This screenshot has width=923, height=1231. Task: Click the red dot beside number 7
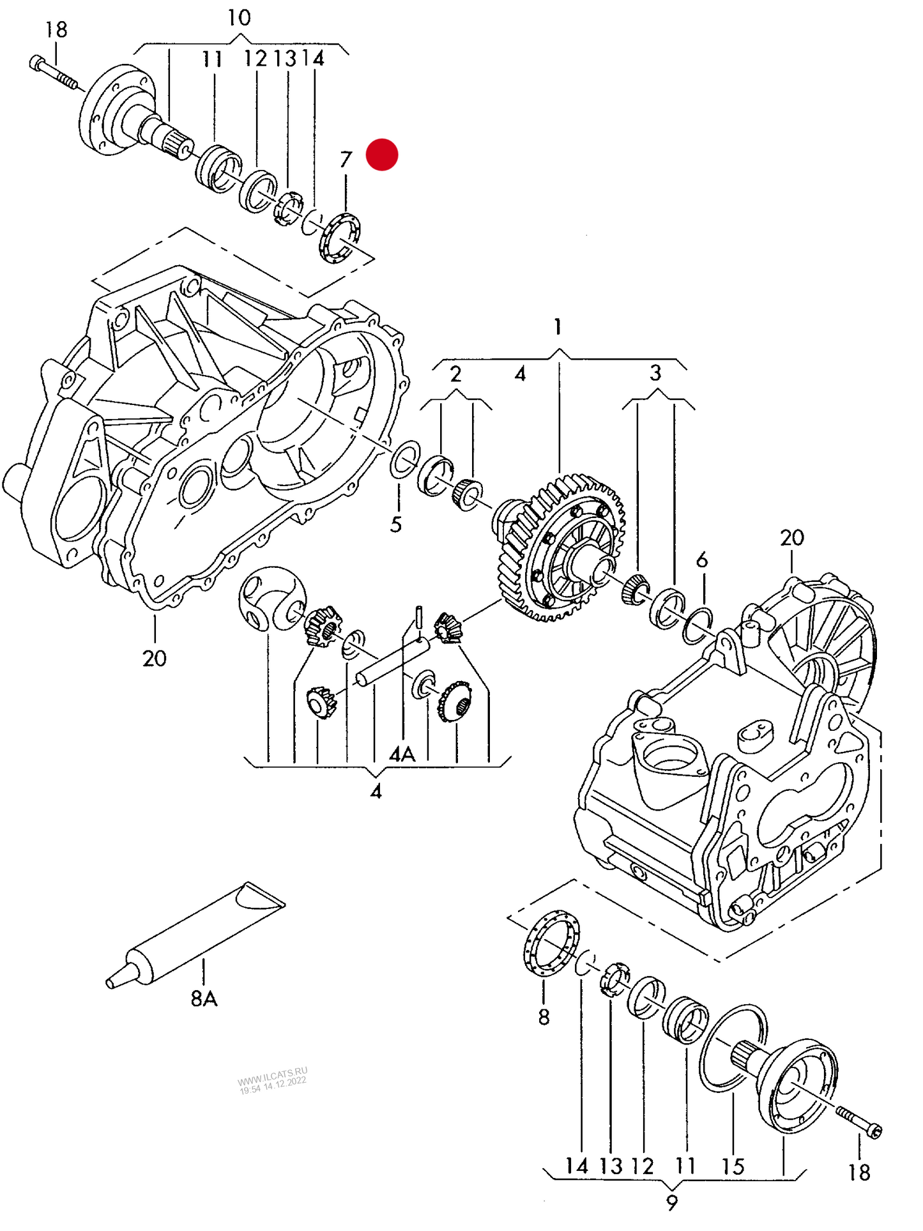tap(381, 155)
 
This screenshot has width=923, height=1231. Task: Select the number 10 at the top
tap(239, 18)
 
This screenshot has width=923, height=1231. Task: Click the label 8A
tap(204, 998)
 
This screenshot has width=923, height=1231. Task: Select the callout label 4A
tap(402, 754)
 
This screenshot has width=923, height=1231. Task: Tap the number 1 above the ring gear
tap(558, 327)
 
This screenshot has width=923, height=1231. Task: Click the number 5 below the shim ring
tap(396, 524)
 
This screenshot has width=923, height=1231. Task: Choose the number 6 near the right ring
tap(702, 560)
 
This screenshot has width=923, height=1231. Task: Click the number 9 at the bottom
tap(671, 1203)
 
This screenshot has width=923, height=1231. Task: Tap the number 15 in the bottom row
tap(733, 1166)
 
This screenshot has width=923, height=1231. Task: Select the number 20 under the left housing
tap(154, 658)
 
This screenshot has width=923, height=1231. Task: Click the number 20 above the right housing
tap(791, 538)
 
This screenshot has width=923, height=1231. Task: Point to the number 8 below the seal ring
tap(544, 1017)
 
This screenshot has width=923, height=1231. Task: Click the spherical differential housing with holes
tap(271, 598)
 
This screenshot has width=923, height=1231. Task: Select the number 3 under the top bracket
tap(655, 373)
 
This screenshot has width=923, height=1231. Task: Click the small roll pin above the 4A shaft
tap(419, 616)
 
